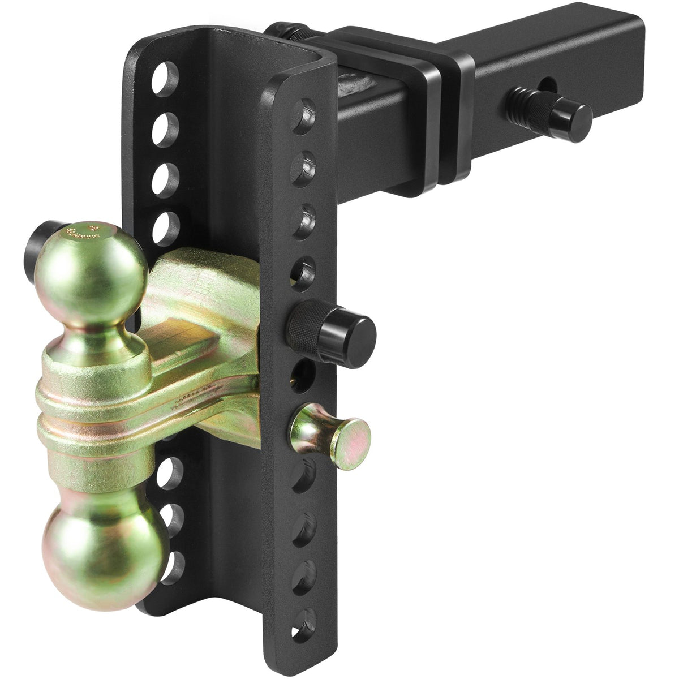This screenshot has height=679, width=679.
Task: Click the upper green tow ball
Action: pos(91,266)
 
